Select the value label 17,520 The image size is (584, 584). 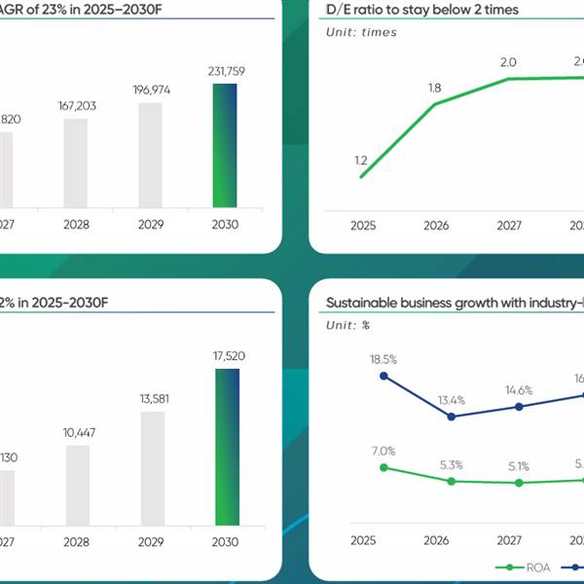pos(226,356)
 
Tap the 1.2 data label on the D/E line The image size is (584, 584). pos(362,161)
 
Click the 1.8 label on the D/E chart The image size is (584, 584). pos(434,88)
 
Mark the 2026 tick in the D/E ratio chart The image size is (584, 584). pos(434,225)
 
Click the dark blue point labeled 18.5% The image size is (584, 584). pos(383,376)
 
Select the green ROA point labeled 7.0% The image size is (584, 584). pos(383,467)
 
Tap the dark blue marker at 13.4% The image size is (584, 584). pos(451,417)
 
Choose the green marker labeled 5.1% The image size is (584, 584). pos(519,482)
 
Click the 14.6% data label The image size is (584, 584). pos(519,390)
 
